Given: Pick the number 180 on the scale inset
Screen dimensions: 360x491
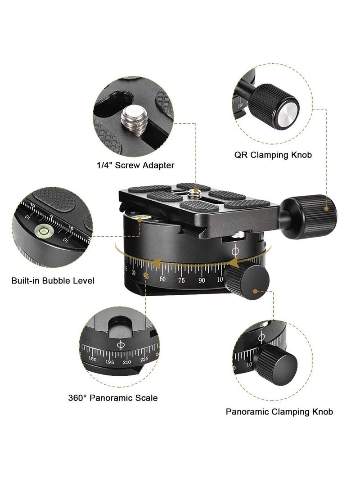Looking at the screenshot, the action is [x=93, y=359].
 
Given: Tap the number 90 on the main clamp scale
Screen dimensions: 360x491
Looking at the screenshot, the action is [x=202, y=280].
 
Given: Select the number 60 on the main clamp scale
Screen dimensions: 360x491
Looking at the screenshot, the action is [x=162, y=279].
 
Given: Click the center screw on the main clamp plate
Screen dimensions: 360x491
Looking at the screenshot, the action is [x=195, y=194].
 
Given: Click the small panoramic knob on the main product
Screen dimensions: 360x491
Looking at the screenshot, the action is [x=247, y=281].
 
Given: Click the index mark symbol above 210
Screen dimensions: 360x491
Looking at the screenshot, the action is [x=121, y=345].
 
